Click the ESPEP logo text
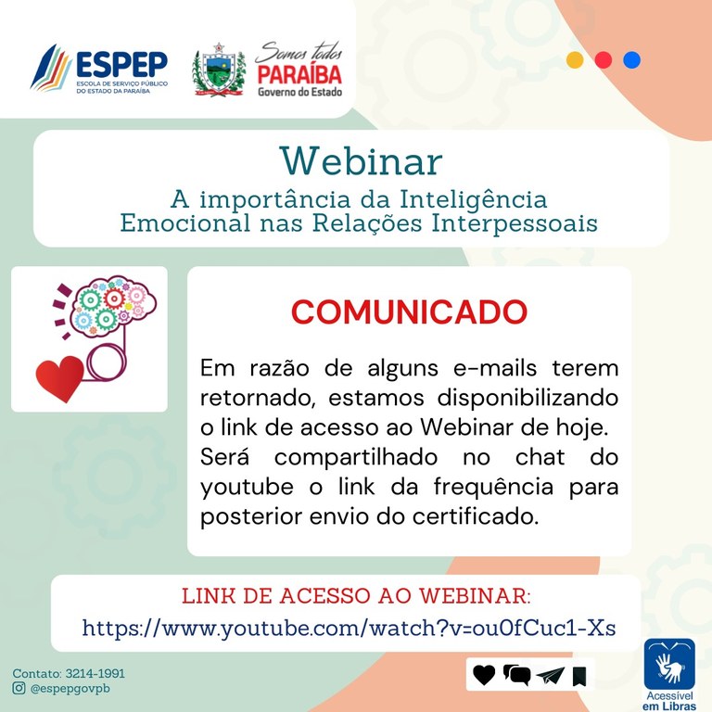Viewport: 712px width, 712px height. [121, 65]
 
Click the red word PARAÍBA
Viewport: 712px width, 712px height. [299, 75]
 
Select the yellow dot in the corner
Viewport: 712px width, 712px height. [575, 60]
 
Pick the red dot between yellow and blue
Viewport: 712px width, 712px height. [603, 60]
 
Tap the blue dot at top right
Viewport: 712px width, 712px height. [631, 60]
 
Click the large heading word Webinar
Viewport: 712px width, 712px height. [361, 161]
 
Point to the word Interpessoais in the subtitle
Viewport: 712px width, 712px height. [515, 222]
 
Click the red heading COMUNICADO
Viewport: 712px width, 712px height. [409, 311]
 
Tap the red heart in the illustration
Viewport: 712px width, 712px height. [59, 378]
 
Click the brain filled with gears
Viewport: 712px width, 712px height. [112, 305]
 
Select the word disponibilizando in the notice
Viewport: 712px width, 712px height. [528, 399]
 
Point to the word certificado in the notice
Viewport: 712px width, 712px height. [476, 516]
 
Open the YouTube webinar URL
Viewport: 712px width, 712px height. [349, 629]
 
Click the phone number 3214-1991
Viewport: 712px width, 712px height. [95, 673]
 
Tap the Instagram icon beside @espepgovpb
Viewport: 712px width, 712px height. [19, 689]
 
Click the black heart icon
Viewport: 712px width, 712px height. [484, 675]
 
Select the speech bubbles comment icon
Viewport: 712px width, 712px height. [516, 675]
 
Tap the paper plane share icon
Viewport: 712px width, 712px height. [551, 676]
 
